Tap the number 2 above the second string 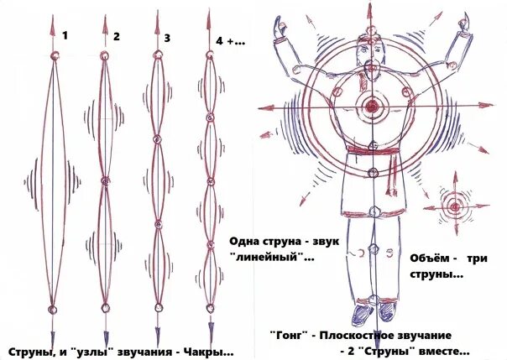[117, 36]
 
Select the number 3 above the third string [168, 37]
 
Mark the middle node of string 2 [105, 180]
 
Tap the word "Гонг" [287, 334]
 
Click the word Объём [431, 258]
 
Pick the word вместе [443, 351]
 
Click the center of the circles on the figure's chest [370, 107]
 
